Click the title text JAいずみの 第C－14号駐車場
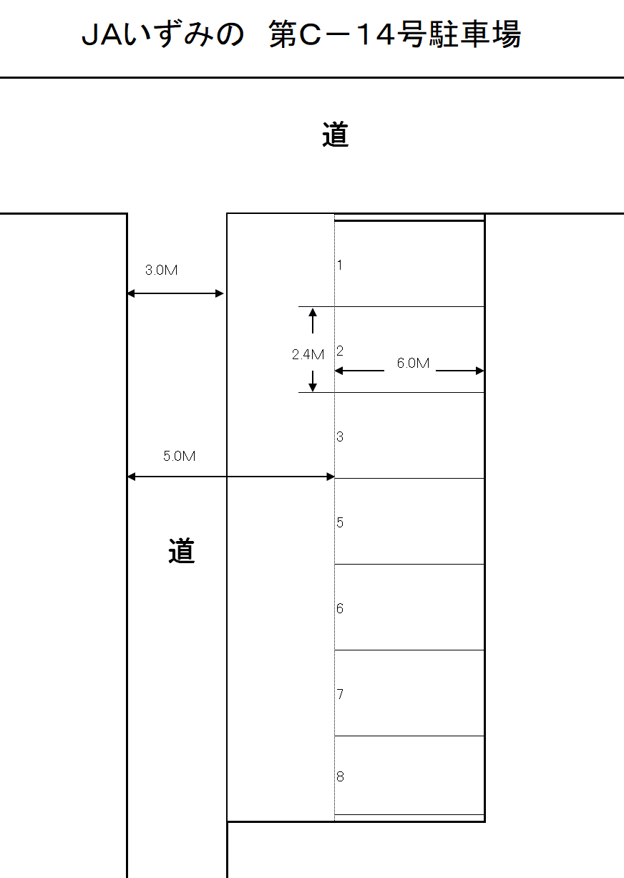301,35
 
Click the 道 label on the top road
335,135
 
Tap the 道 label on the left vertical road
182,550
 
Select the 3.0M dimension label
162,270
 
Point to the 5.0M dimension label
179,456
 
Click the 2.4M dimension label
308,354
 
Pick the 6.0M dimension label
413,364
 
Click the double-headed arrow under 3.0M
176,293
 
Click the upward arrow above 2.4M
313,321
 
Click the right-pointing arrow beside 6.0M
460,371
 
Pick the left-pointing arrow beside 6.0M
359,371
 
